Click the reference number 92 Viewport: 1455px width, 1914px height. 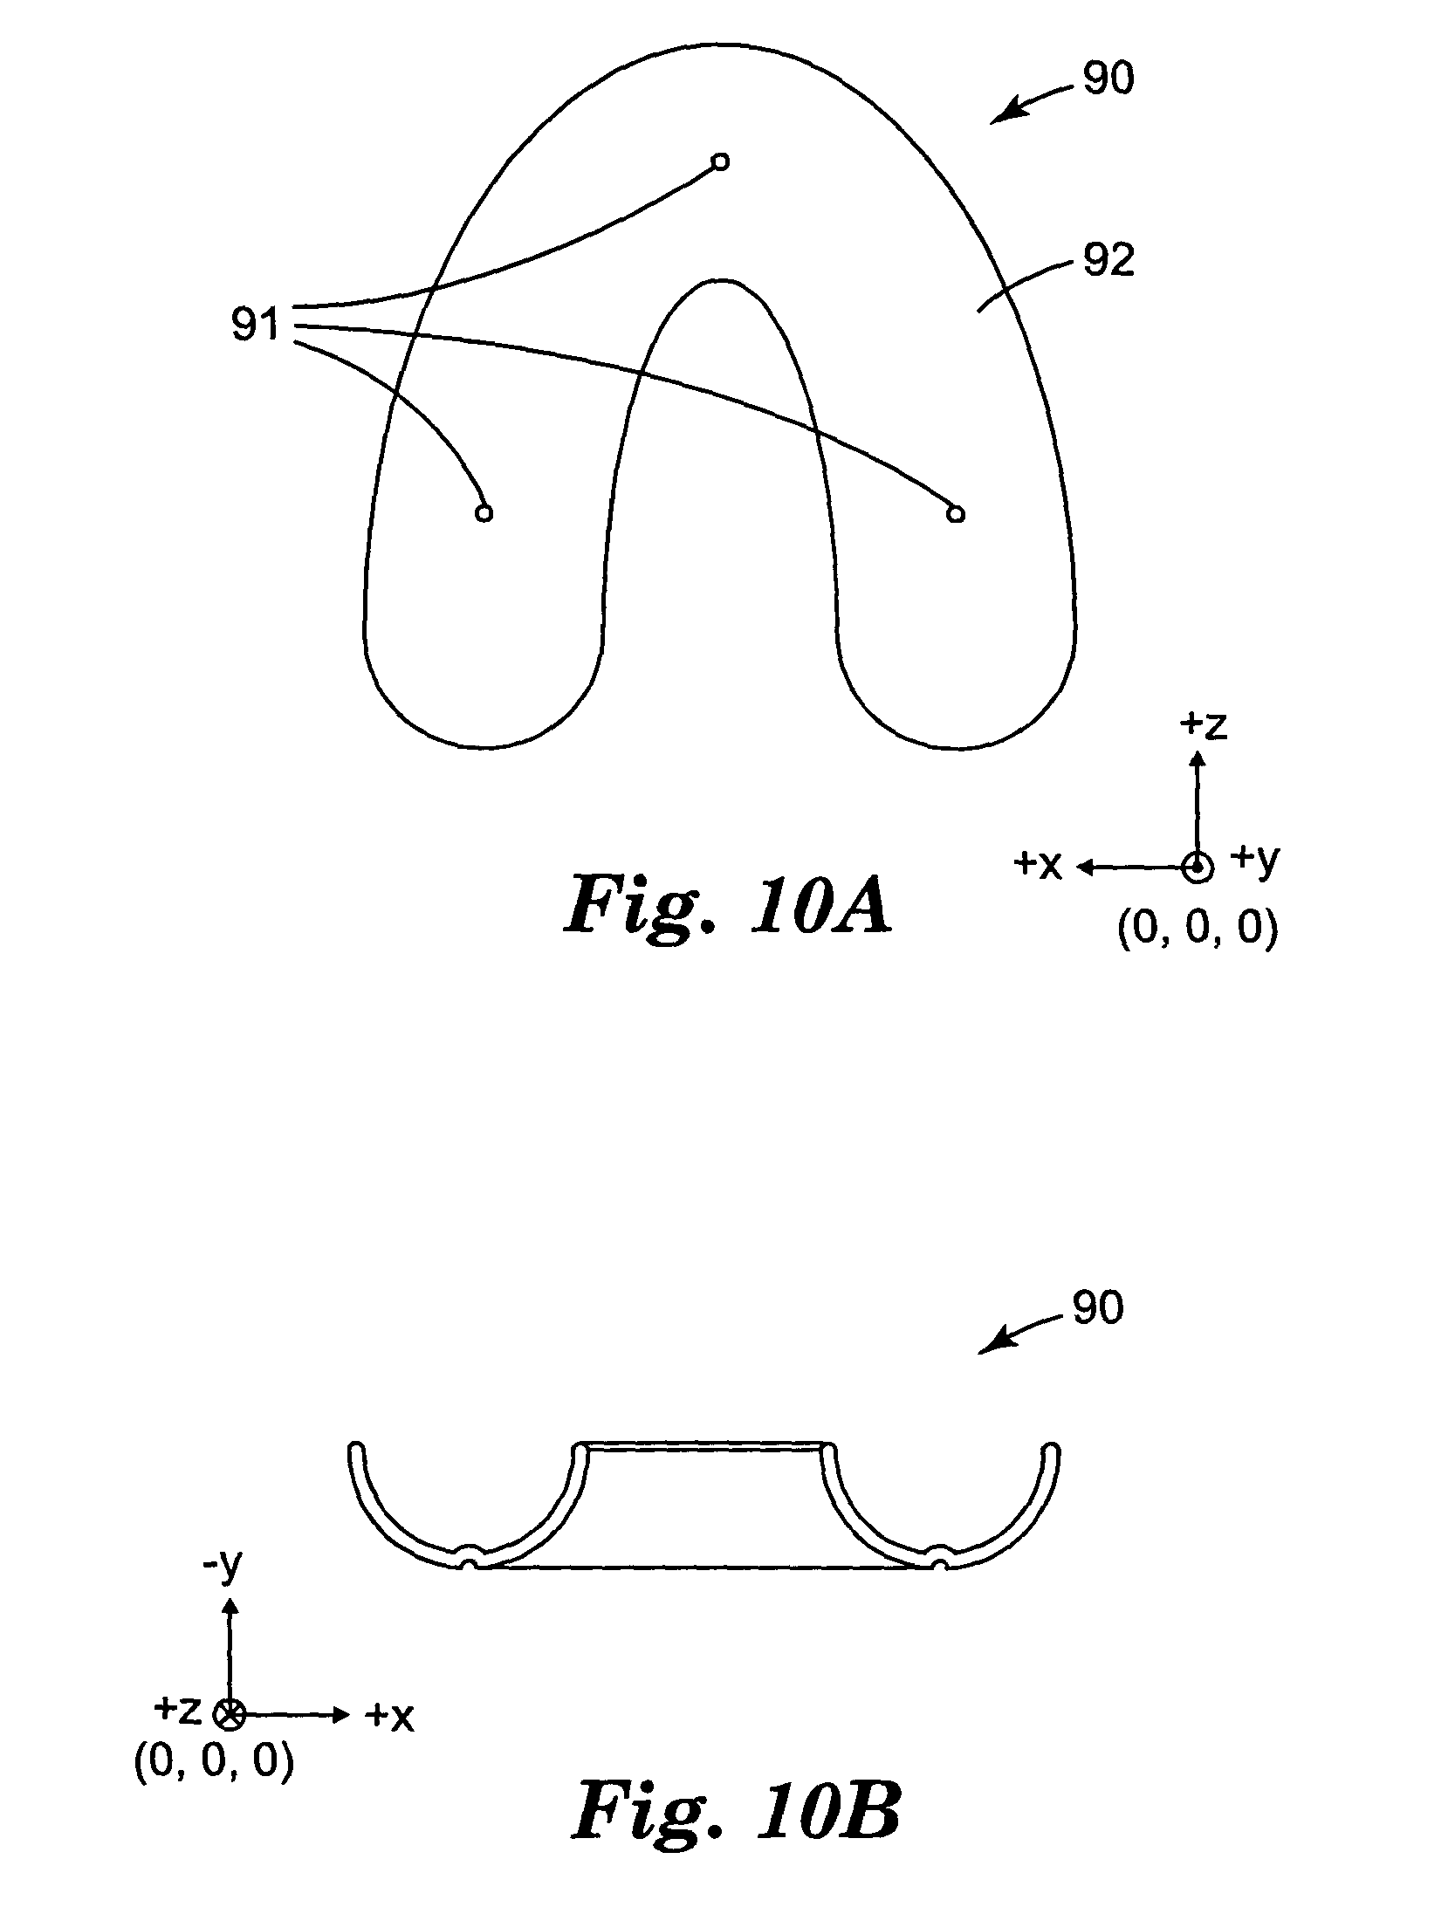pyautogui.click(x=1108, y=260)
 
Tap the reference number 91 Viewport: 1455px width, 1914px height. pyautogui.click(x=254, y=326)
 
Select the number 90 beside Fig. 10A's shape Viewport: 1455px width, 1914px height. pyautogui.click(x=1108, y=79)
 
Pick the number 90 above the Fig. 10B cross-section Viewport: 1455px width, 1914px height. pyautogui.click(x=1098, y=1333)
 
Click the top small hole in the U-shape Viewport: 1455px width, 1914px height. pyautogui.click(x=720, y=161)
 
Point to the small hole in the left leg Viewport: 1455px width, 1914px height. pyautogui.click(x=484, y=513)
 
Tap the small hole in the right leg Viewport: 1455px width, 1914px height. pyautogui.click(x=956, y=513)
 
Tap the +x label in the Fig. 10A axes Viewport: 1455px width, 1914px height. pyautogui.click(x=1038, y=865)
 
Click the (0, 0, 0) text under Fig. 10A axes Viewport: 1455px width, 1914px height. pyautogui.click(x=1198, y=930)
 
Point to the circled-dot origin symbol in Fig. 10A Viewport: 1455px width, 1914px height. pyautogui.click(x=1197, y=867)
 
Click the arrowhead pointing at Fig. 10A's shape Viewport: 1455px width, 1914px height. pyautogui.click(x=1004, y=115)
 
